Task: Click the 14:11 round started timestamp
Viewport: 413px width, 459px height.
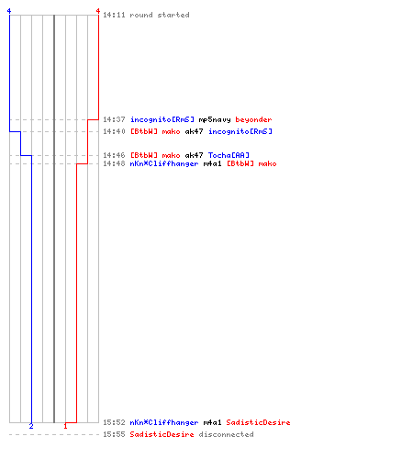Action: point(114,15)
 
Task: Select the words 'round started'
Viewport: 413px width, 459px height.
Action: point(160,15)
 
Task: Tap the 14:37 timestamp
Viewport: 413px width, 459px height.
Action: point(114,119)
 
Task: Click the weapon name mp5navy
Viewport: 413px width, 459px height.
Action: point(215,119)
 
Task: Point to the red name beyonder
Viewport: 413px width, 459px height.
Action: point(253,119)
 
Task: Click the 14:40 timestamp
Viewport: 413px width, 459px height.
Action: point(114,131)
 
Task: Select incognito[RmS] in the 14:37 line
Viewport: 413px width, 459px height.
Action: point(162,119)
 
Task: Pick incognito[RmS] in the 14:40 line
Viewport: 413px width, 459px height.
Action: point(240,131)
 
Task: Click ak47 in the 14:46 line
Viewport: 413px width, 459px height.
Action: point(194,155)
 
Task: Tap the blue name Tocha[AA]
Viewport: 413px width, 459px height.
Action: point(229,155)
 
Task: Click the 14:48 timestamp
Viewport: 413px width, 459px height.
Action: point(114,163)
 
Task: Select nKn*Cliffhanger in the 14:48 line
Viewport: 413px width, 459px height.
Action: point(164,164)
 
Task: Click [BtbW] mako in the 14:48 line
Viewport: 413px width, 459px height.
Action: point(251,163)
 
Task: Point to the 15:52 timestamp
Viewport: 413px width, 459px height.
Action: point(114,422)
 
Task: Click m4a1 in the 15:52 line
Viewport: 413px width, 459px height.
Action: point(212,422)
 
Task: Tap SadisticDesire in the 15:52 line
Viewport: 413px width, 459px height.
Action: point(258,422)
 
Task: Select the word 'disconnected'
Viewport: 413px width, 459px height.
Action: point(226,434)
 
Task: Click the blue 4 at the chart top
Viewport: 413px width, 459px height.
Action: point(9,11)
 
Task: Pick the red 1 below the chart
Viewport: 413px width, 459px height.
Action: point(65,426)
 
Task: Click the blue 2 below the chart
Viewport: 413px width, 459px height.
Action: point(31,426)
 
